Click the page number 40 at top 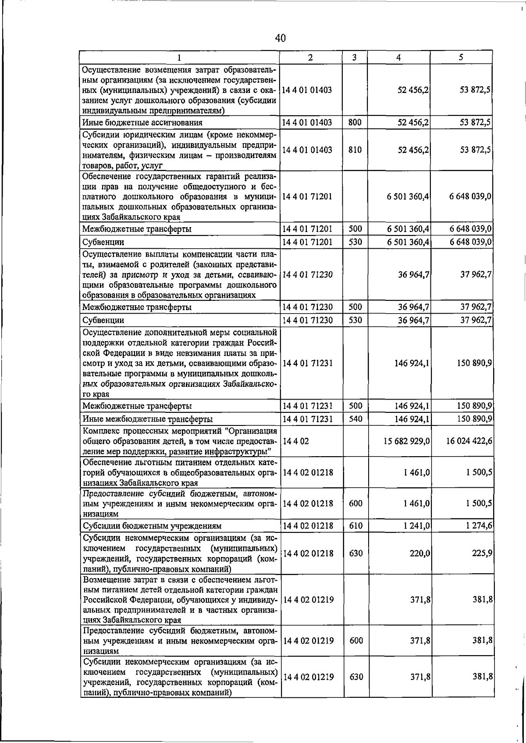(x=281, y=38)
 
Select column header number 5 (x=461, y=57)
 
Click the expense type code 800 (x=355, y=122)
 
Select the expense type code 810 (x=355, y=150)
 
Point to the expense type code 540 (x=355, y=419)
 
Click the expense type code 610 (x=355, y=525)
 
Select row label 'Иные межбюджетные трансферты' (x=148, y=419)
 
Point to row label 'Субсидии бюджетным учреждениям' (x=152, y=526)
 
